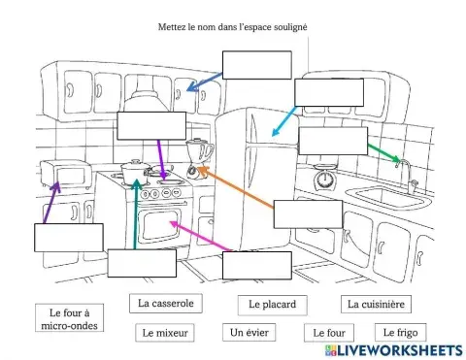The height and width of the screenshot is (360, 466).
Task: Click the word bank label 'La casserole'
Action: [165, 304]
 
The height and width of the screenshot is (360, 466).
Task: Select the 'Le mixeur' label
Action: [165, 333]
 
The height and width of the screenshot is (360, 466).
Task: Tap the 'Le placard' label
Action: [272, 305]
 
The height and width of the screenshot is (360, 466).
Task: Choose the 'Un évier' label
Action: [249, 333]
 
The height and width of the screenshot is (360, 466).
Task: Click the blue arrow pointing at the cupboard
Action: [204, 83]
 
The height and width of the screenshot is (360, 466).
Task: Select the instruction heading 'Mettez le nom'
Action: [232, 27]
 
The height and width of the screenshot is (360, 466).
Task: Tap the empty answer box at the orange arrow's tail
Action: [308, 213]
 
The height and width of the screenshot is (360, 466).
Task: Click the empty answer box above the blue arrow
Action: [256, 64]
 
